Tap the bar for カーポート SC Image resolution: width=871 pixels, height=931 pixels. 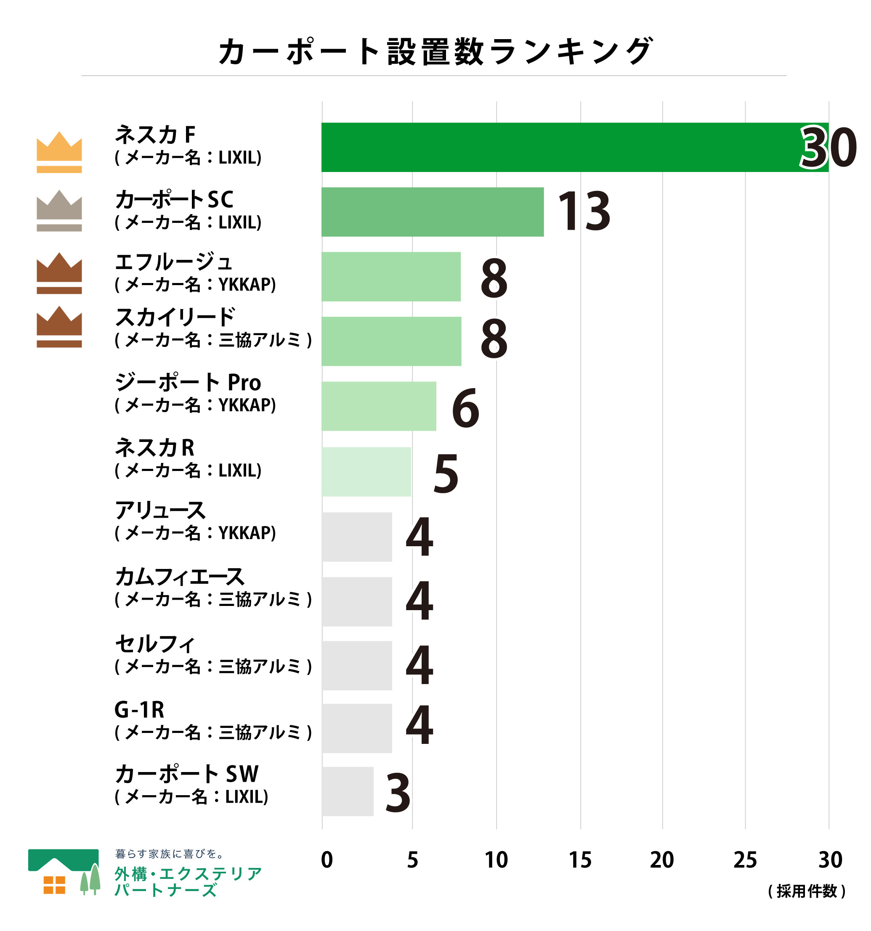point(432,212)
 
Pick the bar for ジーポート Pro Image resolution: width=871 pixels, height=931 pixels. point(378,406)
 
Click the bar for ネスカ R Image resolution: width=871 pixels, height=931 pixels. point(366,471)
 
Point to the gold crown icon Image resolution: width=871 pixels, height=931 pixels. point(59,152)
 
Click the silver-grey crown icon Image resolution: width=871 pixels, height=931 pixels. point(59,210)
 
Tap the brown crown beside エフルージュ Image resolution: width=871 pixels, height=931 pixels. point(59,273)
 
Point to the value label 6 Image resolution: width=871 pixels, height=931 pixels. point(465,408)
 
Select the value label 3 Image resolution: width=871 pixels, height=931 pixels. point(397,793)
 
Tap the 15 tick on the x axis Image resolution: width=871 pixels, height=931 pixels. point(580,860)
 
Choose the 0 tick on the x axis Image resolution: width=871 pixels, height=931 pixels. point(327,860)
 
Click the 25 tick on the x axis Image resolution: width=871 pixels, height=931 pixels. point(744,860)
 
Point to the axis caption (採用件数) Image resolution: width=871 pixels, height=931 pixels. point(806,891)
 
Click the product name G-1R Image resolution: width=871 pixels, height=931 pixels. point(139,710)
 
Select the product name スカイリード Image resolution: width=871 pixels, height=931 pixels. point(175,317)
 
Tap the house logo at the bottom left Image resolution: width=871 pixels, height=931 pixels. point(64,872)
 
